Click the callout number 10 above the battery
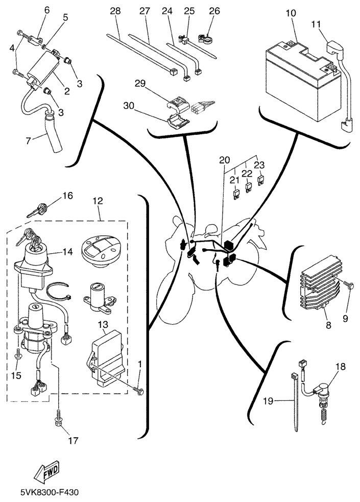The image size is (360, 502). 291,13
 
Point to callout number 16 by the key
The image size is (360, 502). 68,196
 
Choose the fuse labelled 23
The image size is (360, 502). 261,180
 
